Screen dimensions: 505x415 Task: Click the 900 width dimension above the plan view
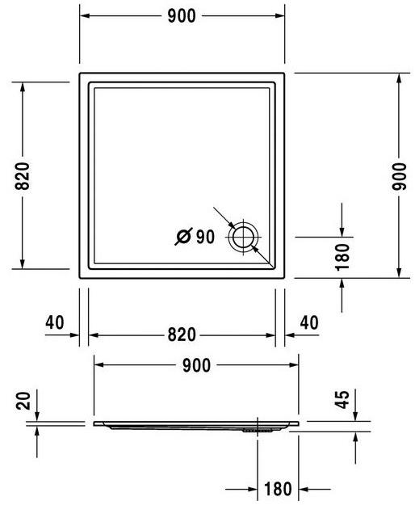[x=182, y=15]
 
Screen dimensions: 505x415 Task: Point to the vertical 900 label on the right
[x=398, y=175]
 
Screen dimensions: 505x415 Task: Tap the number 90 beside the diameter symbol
[x=205, y=237]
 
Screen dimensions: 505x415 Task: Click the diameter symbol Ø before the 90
[x=183, y=237]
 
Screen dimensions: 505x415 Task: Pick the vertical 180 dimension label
[x=342, y=256]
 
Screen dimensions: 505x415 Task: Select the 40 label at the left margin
[x=55, y=322]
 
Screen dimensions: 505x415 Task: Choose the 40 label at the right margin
[x=308, y=322]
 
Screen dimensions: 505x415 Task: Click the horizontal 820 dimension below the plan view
[x=182, y=335]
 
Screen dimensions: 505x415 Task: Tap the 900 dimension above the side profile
[x=195, y=365]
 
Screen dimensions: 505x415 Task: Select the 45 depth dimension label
[x=342, y=400]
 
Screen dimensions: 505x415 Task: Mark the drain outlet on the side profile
[x=257, y=431]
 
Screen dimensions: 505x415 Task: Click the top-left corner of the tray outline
[x=81, y=73]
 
